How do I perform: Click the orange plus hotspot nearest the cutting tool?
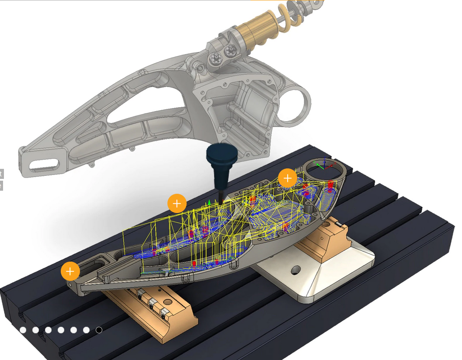click(x=177, y=203)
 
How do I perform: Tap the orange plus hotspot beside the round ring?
click(x=288, y=178)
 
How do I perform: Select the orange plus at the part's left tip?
click(x=70, y=271)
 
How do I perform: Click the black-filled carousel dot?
click(x=99, y=330)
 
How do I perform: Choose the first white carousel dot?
click(x=23, y=330)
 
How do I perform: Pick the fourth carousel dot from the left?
click(x=61, y=330)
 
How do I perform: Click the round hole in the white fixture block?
click(x=295, y=269)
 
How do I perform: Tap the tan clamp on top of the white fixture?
click(x=326, y=238)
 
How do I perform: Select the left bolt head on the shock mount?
click(x=215, y=57)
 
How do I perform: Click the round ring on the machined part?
click(x=324, y=168)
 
